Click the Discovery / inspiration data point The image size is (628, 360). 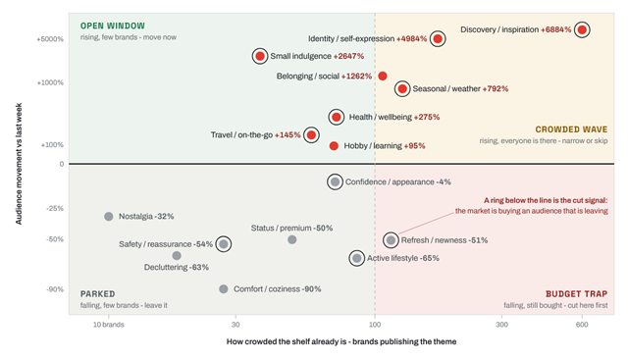coord(582,29)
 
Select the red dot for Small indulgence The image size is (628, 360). coord(260,56)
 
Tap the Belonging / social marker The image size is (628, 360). coord(383,77)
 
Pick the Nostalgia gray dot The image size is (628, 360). coord(109,216)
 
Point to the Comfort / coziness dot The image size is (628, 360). coord(224,288)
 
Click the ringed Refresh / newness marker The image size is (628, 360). coord(391,240)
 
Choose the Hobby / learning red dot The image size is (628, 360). coord(334,146)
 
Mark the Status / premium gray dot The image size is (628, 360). coord(292,239)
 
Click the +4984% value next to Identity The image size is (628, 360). coord(411,39)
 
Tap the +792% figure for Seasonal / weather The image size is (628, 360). coord(495,88)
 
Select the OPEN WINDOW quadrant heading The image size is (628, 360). coord(113,26)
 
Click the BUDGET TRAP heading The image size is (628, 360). coord(576,294)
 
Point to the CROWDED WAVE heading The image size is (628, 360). coord(571,129)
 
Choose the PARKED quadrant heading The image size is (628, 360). coord(97,294)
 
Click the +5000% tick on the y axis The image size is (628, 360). coord(50,39)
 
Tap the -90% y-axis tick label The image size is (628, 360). coord(55,289)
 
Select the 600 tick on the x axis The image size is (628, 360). coord(582,325)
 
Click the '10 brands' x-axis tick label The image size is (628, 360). coord(109,325)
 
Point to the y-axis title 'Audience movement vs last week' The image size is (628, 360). coord(19,164)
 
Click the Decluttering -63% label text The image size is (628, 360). coord(177,267)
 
